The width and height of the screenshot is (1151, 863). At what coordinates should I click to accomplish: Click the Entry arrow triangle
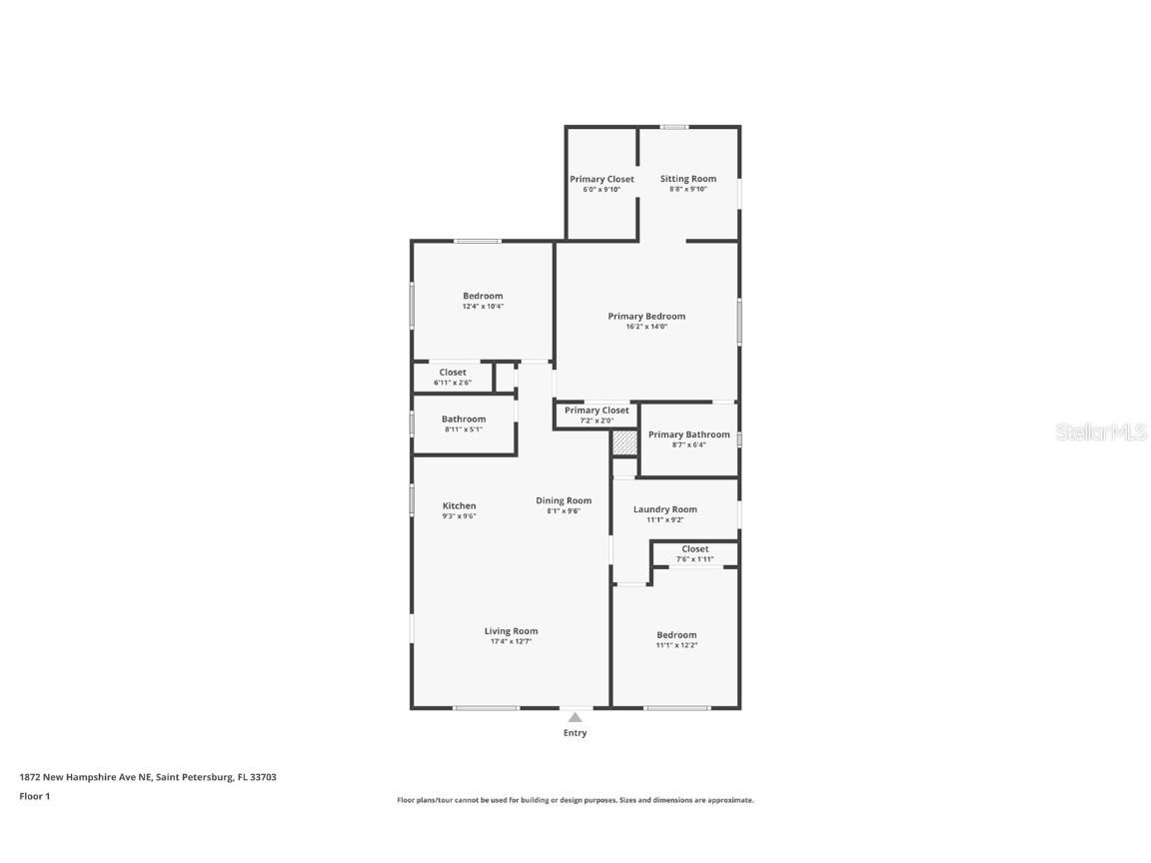pyautogui.click(x=575, y=716)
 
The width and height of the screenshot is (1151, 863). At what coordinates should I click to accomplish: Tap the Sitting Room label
pyautogui.click(x=687, y=179)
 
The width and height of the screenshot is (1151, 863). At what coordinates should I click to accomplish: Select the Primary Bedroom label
pyautogui.click(x=646, y=316)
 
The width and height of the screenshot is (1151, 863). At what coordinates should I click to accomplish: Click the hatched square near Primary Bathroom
pyautogui.click(x=624, y=442)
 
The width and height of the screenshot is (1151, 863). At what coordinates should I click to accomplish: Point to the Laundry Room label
pyautogui.click(x=664, y=509)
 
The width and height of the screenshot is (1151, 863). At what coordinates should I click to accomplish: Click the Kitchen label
pyautogui.click(x=459, y=505)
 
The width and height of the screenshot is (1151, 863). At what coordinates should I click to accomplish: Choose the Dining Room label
pyautogui.click(x=564, y=500)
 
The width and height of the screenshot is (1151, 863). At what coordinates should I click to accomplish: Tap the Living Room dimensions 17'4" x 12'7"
pyautogui.click(x=511, y=642)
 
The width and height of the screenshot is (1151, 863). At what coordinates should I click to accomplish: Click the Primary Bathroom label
pyautogui.click(x=688, y=434)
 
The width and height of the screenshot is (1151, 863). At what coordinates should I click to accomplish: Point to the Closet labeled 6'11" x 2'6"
pyautogui.click(x=453, y=377)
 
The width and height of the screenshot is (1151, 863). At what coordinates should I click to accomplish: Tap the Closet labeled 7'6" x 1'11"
pyautogui.click(x=694, y=553)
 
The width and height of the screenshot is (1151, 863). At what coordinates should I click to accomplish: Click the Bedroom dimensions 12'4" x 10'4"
pyautogui.click(x=483, y=307)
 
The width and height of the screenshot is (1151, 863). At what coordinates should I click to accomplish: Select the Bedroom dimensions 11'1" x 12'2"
pyautogui.click(x=676, y=646)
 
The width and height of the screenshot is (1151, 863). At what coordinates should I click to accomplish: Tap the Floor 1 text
pyautogui.click(x=34, y=796)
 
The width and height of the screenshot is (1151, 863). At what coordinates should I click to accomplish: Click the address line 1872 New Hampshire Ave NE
pyautogui.click(x=147, y=776)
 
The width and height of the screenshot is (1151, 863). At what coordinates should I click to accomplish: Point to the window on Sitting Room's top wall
pyautogui.click(x=674, y=127)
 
